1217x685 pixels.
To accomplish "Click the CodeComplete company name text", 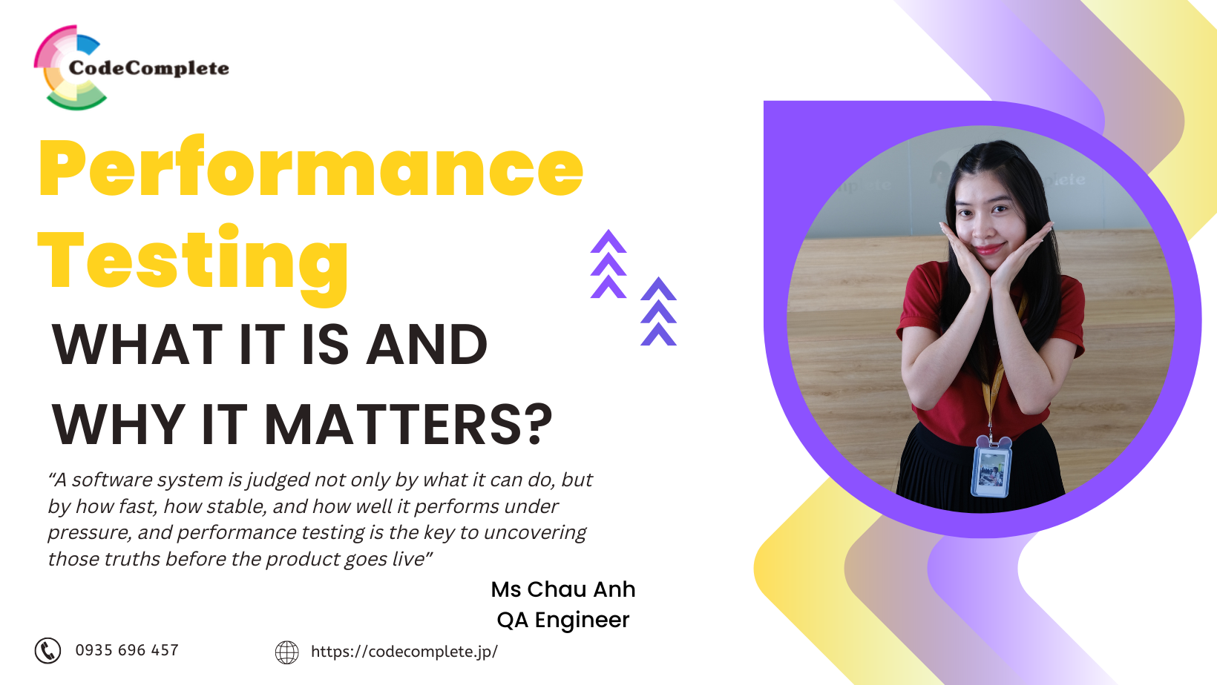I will tap(148, 68).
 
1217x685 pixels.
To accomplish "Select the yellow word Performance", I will tap(311, 169).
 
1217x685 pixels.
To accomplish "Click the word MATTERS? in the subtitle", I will tap(408, 425).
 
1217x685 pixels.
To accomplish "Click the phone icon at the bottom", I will tap(47, 651).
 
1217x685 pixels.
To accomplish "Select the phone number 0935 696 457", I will tap(127, 650).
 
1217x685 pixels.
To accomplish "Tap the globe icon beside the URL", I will tap(286, 652).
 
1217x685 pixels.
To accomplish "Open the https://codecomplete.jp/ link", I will tap(404, 652).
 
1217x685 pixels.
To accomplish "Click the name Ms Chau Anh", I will tap(563, 589).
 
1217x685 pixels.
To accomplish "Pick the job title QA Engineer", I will tap(563, 620).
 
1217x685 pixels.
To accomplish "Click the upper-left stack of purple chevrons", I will tap(608, 264).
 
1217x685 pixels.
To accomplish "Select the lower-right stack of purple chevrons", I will tap(658, 311).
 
